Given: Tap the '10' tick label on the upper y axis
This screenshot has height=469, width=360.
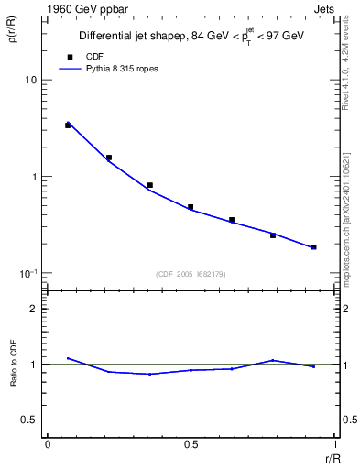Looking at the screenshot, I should tap(31, 81).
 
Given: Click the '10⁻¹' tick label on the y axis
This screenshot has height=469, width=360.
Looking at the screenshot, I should tap(30, 273).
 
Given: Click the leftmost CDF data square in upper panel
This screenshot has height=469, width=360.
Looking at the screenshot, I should tap(68, 125).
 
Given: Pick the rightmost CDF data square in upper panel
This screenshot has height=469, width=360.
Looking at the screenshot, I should tap(313, 247).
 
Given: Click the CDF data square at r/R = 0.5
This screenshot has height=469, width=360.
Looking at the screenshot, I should tap(191, 207).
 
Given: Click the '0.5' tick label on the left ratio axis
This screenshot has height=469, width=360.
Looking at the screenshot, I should tap(31, 420).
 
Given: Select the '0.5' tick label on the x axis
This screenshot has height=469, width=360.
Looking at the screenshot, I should tap(191, 444).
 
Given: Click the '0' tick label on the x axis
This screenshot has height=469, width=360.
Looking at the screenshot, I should tap(48, 444).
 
